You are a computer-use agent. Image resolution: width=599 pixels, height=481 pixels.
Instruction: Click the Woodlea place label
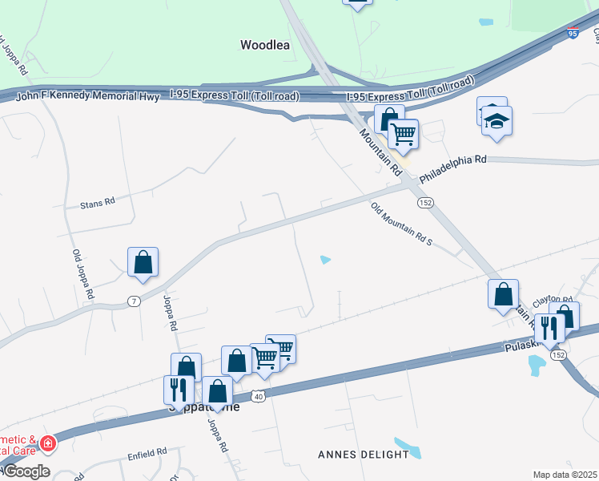(x=264, y=45)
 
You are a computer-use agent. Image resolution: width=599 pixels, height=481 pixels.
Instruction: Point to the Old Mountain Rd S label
(x=401, y=224)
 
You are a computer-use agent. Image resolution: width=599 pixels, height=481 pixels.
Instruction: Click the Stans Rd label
(x=98, y=204)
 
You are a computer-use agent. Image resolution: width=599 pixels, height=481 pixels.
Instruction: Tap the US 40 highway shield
(x=257, y=397)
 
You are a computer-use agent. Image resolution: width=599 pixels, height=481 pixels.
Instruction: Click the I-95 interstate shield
(x=572, y=33)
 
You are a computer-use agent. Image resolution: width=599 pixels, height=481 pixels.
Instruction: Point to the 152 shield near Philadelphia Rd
(x=425, y=203)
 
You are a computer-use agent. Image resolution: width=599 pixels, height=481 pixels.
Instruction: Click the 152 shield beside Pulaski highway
(x=558, y=354)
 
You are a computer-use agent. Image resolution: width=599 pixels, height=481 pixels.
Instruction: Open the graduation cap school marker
(x=497, y=122)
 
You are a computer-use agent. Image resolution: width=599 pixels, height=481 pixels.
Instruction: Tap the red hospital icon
(x=48, y=443)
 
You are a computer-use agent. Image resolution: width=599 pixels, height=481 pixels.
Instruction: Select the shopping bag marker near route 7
(x=143, y=262)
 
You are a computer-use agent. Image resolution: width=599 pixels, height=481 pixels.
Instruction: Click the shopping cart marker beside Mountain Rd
(x=404, y=134)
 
